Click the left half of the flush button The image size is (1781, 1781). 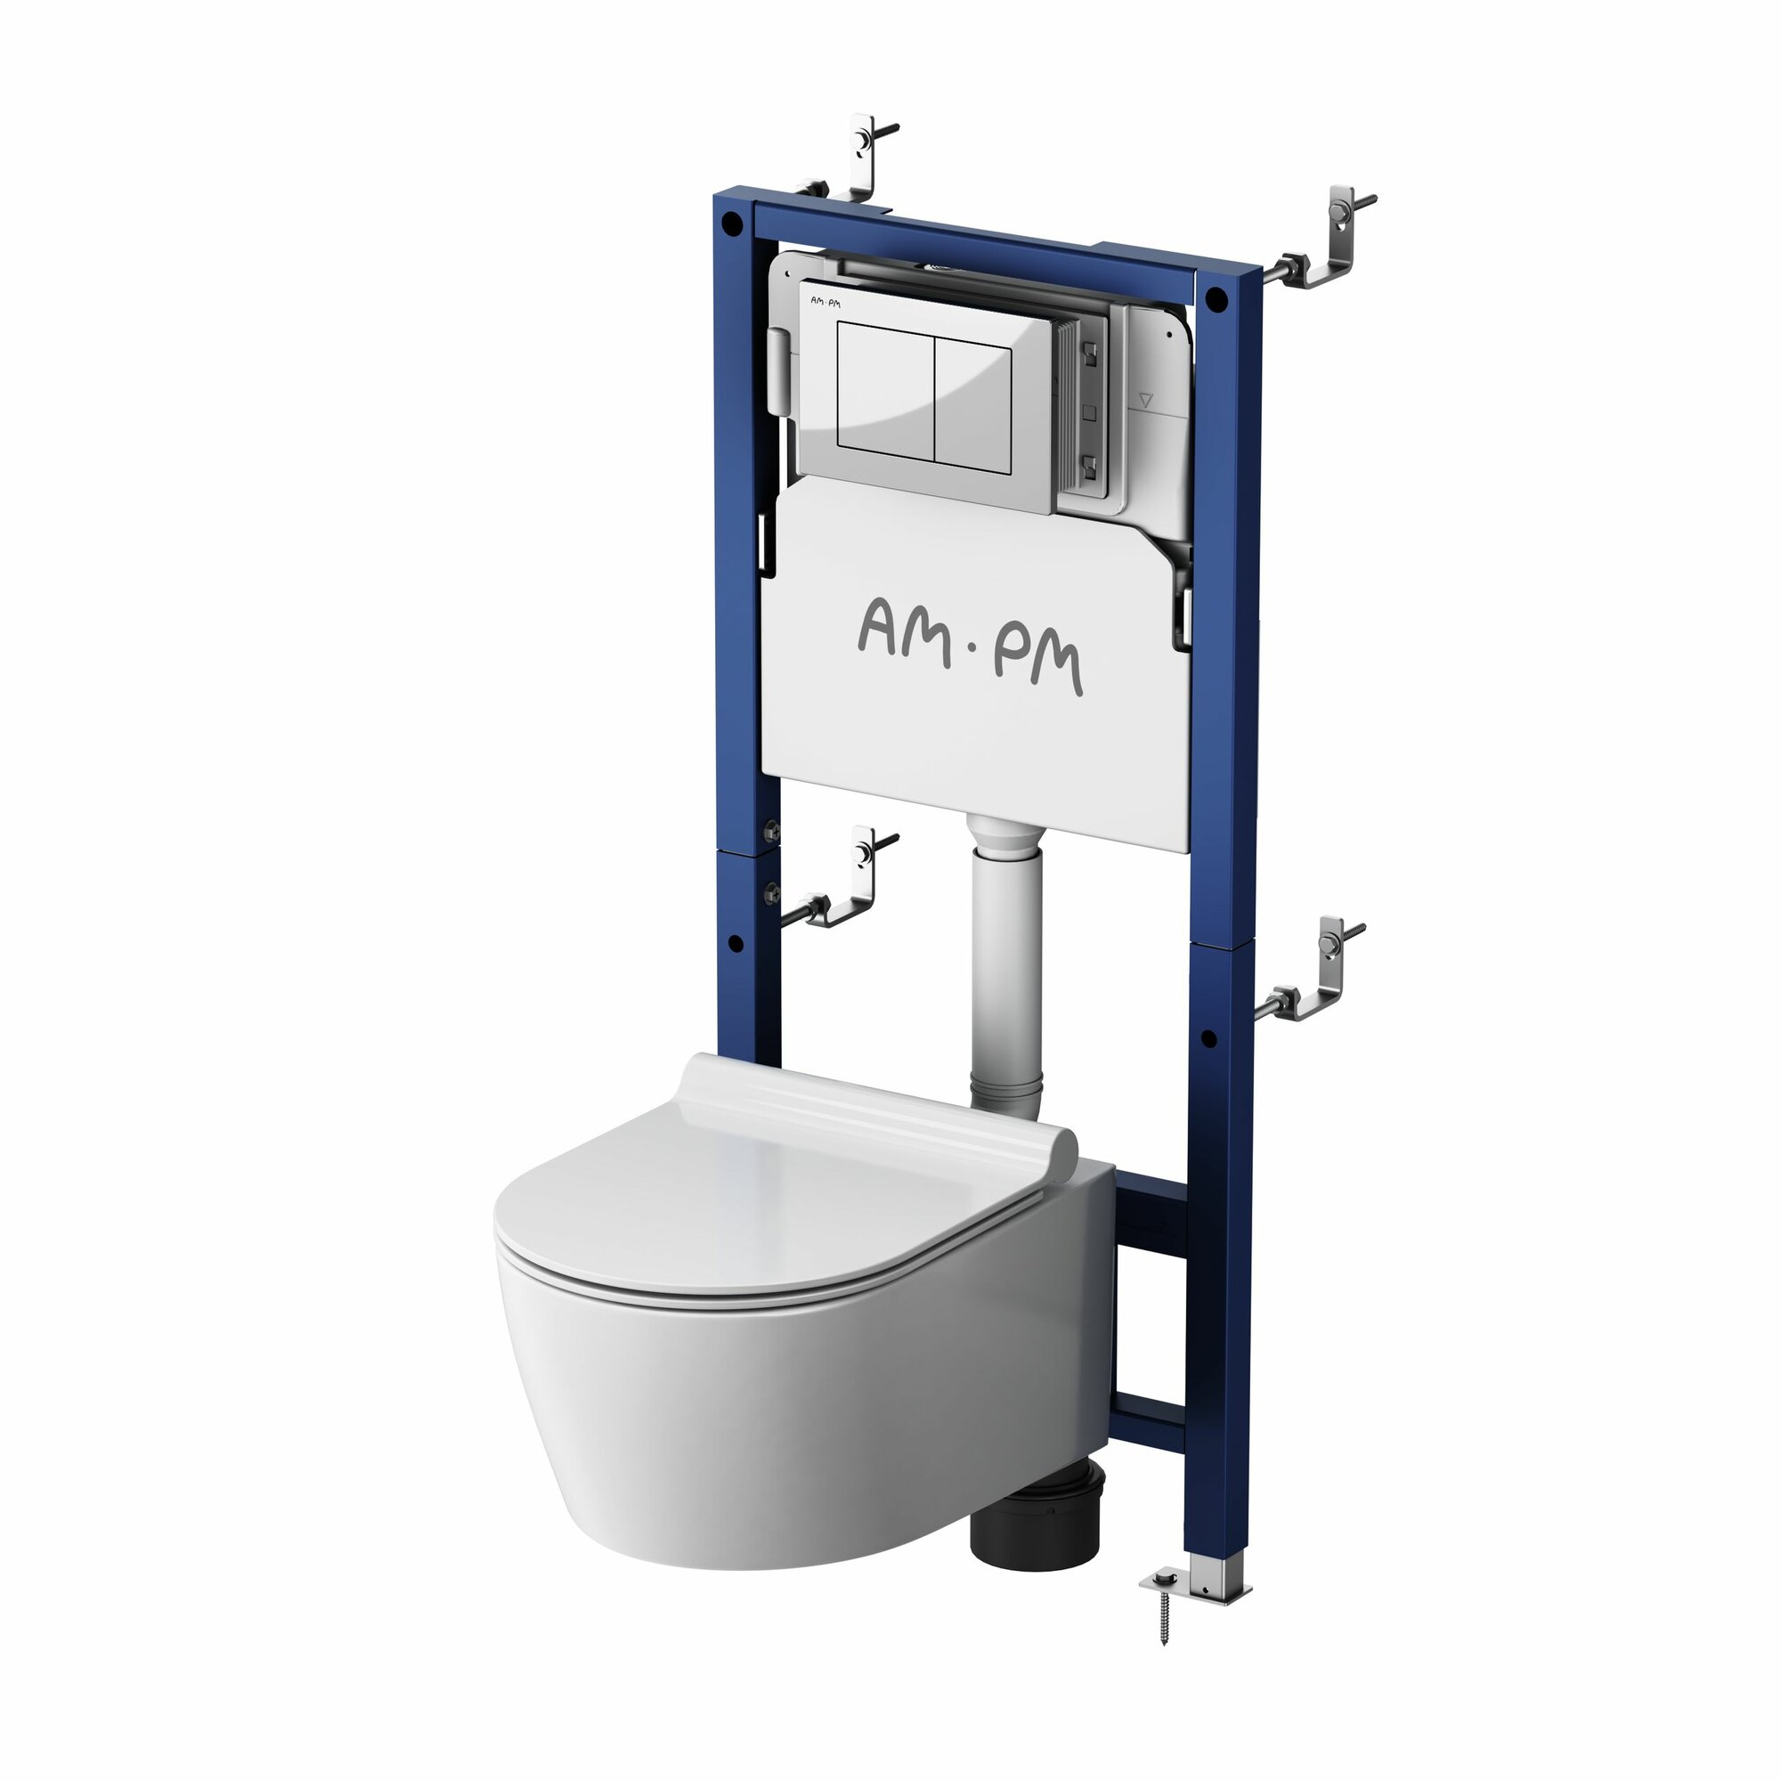pyautogui.click(x=886, y=391)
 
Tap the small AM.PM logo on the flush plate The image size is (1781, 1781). pyautogui.click(x=825, y=302)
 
